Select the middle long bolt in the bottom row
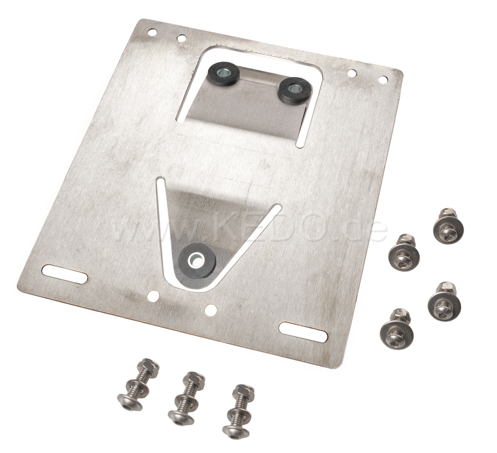pos(187,398)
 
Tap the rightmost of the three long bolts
pos(239,412)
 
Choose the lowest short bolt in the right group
pos(396,329)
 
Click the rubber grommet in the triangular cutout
pos(197,260)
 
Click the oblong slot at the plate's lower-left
pos(65,273)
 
